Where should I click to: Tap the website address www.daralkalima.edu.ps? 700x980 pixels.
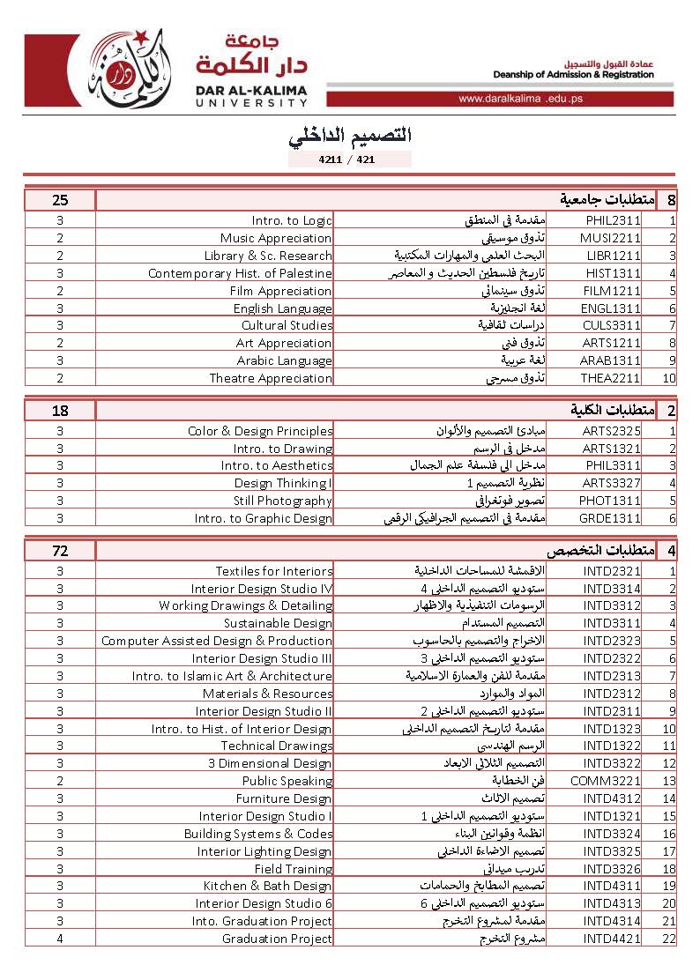point(520,99)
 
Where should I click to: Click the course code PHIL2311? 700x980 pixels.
point(612,221)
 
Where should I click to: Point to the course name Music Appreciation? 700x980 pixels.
point(276,239)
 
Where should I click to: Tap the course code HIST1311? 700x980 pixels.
point(612,273)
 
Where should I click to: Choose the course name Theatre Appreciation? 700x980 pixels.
point(271,378)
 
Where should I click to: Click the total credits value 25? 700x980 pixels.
point(59,200)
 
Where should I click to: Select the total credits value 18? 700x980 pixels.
point(59,410)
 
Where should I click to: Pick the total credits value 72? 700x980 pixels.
point(59,551)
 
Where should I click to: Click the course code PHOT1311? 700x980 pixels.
point(612,501)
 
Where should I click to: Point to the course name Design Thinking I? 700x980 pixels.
point(283,483)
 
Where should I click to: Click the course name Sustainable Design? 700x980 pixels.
point(278,623)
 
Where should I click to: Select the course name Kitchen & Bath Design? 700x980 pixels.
point(268,886)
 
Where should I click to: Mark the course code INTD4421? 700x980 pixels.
point(612,939)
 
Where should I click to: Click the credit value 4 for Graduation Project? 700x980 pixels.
point(59,939)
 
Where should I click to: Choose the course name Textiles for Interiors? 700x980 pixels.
point(274,571)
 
